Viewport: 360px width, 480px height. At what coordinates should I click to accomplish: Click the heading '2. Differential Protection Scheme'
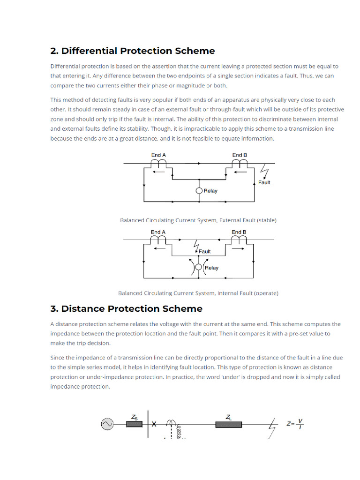click(133, 51)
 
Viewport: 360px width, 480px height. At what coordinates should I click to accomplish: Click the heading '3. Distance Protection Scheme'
click(127, 308)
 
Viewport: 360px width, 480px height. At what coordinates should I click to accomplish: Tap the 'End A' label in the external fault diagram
click(158, 155)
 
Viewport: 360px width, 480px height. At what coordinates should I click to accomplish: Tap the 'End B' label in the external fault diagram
click(240, 155)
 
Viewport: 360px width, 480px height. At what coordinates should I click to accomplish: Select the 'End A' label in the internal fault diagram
click(158, 232)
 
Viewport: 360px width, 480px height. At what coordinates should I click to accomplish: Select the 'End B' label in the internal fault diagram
click(239, 232)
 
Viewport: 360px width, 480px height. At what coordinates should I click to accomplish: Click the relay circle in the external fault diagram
click(199, 191)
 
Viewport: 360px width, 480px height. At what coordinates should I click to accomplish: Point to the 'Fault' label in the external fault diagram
click(264, 182)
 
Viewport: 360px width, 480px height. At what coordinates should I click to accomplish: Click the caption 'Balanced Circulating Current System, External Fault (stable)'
click(198, 220)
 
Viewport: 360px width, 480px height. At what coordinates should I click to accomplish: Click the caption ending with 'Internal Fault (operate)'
click(198, 293)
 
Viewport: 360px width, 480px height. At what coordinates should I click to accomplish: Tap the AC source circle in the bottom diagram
click(106, 424)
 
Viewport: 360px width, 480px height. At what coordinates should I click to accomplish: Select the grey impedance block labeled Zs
click(135, 424)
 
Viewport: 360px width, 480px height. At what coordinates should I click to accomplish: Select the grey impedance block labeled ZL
click(228, 424)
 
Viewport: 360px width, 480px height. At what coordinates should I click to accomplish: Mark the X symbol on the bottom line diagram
click(154, 424)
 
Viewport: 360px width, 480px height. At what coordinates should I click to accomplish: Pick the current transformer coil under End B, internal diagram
click(240, 239)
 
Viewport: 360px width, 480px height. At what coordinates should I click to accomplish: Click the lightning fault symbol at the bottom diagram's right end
click(272, 429)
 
